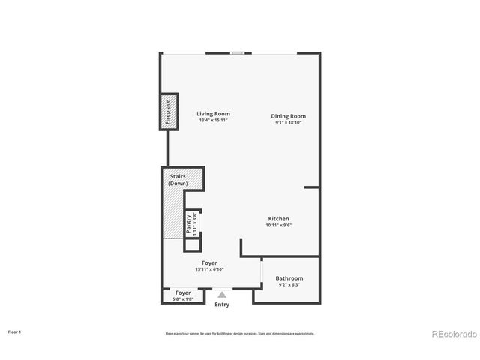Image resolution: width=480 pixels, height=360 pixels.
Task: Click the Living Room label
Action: point(213,113)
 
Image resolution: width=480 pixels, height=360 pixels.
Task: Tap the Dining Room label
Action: point(288,116)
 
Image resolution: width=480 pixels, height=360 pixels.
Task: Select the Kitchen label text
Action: point(278,219)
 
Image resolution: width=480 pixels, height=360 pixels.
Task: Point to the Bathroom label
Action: point(289,278)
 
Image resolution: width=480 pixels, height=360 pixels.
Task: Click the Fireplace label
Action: point(168,112)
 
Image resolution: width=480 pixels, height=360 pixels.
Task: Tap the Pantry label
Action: point(188,225)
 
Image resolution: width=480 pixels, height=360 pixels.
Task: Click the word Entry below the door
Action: point(222,304)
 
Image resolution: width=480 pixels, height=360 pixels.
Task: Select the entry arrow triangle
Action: point(222,295)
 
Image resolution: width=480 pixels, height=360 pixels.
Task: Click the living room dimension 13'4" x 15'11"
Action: point(213,120)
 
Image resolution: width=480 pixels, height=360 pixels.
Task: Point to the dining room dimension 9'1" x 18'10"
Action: point(288,123)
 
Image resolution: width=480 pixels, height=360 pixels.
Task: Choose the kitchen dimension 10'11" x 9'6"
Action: point(278,225)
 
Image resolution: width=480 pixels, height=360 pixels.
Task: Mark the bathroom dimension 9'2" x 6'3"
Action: point(289,285)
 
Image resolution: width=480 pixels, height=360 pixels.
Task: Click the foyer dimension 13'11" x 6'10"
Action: point(209,269)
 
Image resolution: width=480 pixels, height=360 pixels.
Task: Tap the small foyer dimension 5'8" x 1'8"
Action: point(183,299)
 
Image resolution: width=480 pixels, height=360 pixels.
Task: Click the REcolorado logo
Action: point(451,334)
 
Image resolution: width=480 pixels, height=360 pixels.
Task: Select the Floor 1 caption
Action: point(14,331)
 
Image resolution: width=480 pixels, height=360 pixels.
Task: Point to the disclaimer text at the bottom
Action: point(240,333)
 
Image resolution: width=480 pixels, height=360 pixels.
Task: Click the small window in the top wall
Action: point(237,52)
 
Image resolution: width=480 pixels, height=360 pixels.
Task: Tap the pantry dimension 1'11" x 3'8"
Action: point(194,225)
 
